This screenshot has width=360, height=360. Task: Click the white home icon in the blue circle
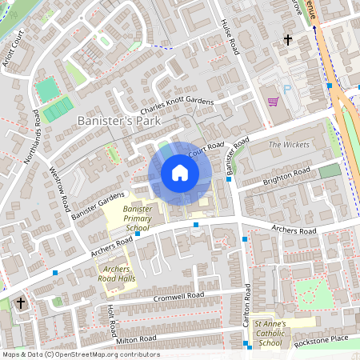click(x=179, y=173)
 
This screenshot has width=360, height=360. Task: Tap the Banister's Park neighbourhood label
click(x=118, y=120)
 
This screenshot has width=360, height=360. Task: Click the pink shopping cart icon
click(x=273, y=102)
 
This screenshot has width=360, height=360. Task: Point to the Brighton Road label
click(x=286, y=178)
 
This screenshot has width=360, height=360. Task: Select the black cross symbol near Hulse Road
click(x=287, y=39)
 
